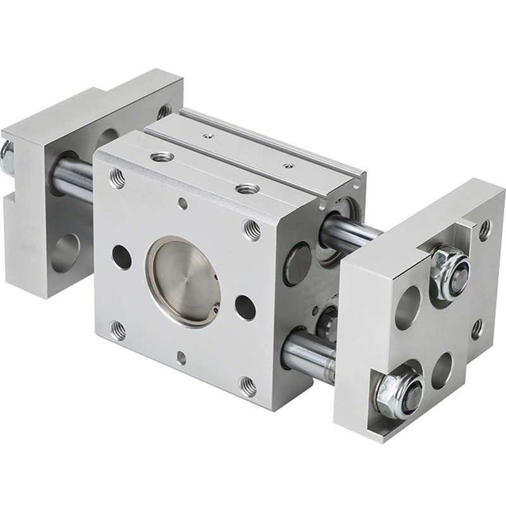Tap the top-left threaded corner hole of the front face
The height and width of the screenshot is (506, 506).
[117, 178]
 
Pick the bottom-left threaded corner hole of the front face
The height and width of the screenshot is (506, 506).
[117, 330]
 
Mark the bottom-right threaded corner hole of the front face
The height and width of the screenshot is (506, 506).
[247, 385]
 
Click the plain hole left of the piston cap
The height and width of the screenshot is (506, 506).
[121, 257]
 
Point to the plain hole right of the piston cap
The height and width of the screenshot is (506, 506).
[245, 307]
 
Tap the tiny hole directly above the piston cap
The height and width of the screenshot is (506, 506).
[182, 204]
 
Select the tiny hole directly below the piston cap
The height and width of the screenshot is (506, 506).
[182, 358]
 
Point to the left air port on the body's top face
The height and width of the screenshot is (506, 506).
[159, 156]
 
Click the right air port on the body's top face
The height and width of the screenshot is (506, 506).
[247, 188]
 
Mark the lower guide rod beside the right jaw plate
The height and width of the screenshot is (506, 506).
[309, 355]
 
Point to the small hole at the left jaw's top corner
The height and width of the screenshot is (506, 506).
[164, 111]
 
